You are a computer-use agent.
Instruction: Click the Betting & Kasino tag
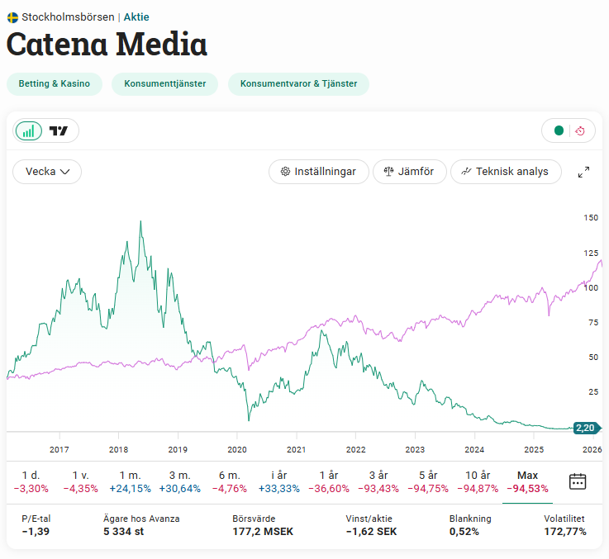point(55,84)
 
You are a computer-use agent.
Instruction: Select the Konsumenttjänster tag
point(164,84)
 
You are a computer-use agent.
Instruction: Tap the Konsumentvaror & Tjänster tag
point(298,84)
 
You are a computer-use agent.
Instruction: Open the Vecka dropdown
point(47,172)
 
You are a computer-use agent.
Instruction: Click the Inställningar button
point(319,172)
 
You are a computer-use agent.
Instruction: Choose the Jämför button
point(410,172)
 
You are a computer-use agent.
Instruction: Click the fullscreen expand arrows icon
point(583,172)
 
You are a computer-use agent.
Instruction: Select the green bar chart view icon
point(29,130)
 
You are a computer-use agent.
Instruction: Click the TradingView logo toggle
point(59,130)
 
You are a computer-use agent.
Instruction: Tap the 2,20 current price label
point(586,428)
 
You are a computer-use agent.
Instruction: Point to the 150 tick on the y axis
point(591,218)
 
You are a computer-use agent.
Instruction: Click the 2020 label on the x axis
point(237,450)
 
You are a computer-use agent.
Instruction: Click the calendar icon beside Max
point(578,481)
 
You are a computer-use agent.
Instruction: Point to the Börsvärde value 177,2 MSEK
point(263,532)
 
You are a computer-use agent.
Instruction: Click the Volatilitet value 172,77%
point(564,532)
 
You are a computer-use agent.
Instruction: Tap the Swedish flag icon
point(12,17)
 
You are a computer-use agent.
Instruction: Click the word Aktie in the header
point(136,17)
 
